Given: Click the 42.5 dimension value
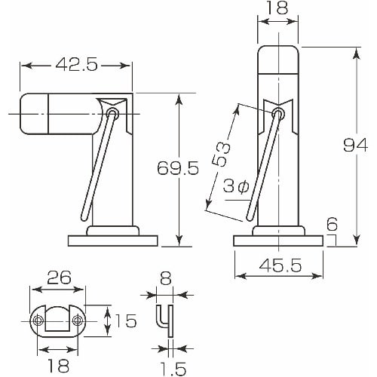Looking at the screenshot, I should coord(76,66).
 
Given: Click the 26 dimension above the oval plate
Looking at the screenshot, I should coord(58,277).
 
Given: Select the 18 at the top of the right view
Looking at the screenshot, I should coord(277,8).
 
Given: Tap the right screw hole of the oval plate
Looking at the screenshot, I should coord(78,322).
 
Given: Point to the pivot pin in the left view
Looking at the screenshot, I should coord(113,113).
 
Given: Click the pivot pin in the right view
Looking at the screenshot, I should coord(277,114).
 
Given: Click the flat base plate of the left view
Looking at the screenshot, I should coord(112,241).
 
